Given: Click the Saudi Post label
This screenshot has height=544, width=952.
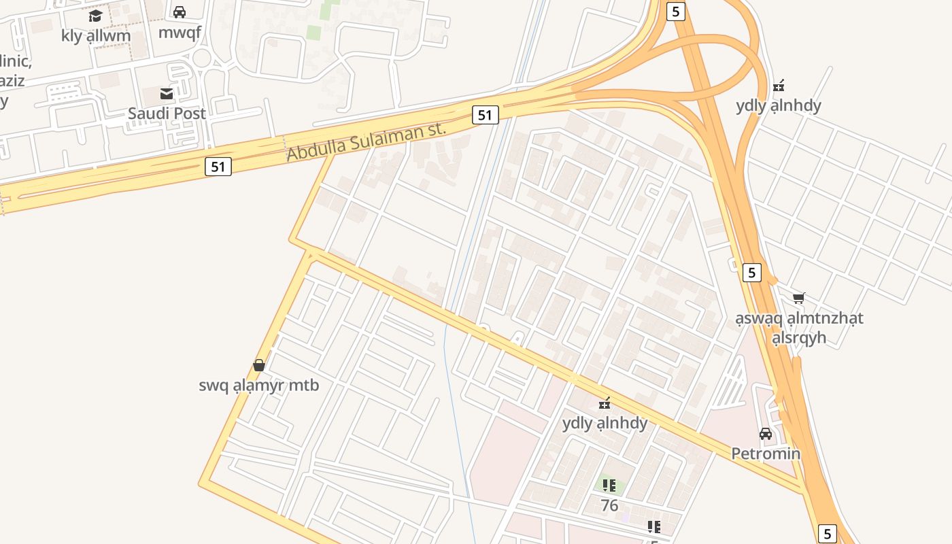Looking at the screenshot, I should (167, 114).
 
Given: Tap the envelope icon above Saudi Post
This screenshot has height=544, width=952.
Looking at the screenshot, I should (167, 93).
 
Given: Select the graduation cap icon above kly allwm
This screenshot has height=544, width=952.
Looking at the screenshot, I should (95, 16).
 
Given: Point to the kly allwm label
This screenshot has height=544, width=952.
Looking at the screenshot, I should (95, 35).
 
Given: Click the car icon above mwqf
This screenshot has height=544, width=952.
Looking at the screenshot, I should (180, 12).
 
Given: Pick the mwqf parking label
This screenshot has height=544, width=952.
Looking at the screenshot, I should (180, 32).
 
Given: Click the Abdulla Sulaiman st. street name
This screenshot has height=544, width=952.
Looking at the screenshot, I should (366, 141).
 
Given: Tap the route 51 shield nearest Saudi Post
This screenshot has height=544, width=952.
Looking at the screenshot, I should (218, 166).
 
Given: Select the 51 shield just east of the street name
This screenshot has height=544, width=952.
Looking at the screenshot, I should (485, 115).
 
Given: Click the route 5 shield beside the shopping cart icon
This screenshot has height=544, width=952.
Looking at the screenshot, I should (751, 273).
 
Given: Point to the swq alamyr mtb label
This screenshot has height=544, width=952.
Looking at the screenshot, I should (258, 385).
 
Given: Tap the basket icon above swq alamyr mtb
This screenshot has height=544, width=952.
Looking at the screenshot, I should (258, 365).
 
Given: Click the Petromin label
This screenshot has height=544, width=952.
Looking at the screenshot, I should (766, 453).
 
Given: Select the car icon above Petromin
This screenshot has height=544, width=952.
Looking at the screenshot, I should (766, 433).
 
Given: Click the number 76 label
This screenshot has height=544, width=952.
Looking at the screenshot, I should (609, 505).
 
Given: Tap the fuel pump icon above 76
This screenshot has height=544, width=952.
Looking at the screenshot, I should (609, 486).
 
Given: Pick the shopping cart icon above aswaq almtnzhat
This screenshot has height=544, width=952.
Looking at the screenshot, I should (799, 298).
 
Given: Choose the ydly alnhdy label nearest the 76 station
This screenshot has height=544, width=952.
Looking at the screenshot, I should (605, 423).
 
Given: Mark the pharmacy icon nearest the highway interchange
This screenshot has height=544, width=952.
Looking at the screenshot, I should (779, 86).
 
